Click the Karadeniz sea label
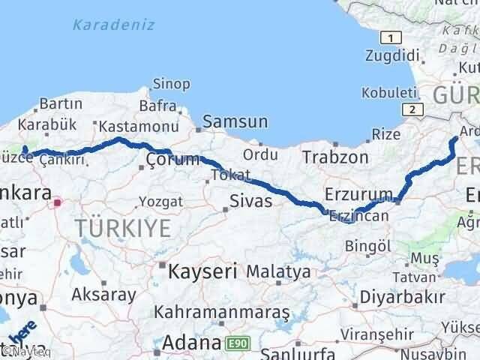114,25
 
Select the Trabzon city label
335,157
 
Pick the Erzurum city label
359,195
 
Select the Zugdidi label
391,55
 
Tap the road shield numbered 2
411,109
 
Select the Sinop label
171,84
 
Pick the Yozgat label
159,201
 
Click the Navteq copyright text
20,351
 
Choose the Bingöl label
370,246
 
